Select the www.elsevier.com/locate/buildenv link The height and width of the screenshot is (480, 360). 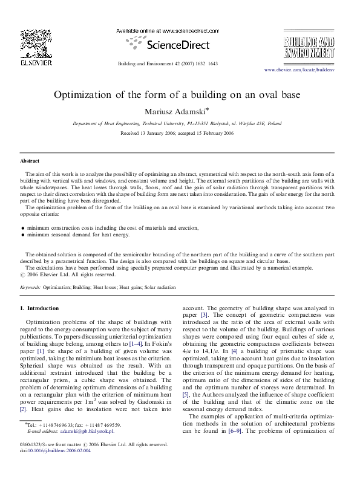tap(299, 70)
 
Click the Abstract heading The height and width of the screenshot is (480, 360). tap(30, 162)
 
